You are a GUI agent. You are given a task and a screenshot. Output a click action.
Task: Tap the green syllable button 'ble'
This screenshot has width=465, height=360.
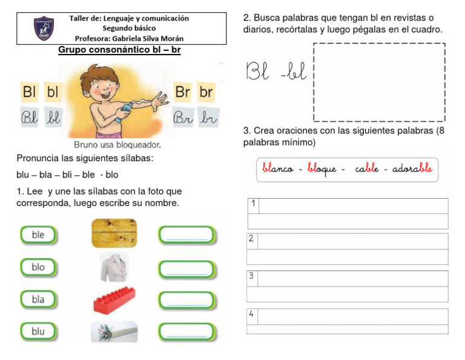click(38, 235)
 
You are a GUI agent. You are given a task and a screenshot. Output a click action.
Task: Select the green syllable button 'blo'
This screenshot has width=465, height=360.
click(38, 267)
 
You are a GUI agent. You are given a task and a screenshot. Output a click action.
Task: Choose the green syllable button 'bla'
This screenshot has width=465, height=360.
click(38, 299)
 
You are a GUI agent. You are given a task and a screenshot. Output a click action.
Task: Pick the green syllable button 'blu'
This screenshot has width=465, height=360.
click(38, 332)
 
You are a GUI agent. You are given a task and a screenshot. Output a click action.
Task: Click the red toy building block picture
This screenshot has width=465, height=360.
click(114, 299)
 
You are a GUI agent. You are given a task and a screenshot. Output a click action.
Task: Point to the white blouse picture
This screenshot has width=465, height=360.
click(114, 267)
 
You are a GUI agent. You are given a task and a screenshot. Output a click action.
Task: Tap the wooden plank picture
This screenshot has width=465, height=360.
click(114, 233)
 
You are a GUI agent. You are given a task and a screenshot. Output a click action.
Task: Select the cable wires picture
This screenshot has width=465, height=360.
click(114, 332)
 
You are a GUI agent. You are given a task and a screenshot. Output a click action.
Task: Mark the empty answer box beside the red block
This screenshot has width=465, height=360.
click(186, 300)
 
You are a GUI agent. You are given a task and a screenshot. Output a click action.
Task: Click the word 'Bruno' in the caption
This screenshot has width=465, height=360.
click(85, 145)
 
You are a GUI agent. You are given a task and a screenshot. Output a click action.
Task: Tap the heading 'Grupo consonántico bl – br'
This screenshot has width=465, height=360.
click(119, 50)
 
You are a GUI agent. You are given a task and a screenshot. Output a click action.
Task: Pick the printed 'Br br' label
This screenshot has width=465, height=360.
click(194, 92)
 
